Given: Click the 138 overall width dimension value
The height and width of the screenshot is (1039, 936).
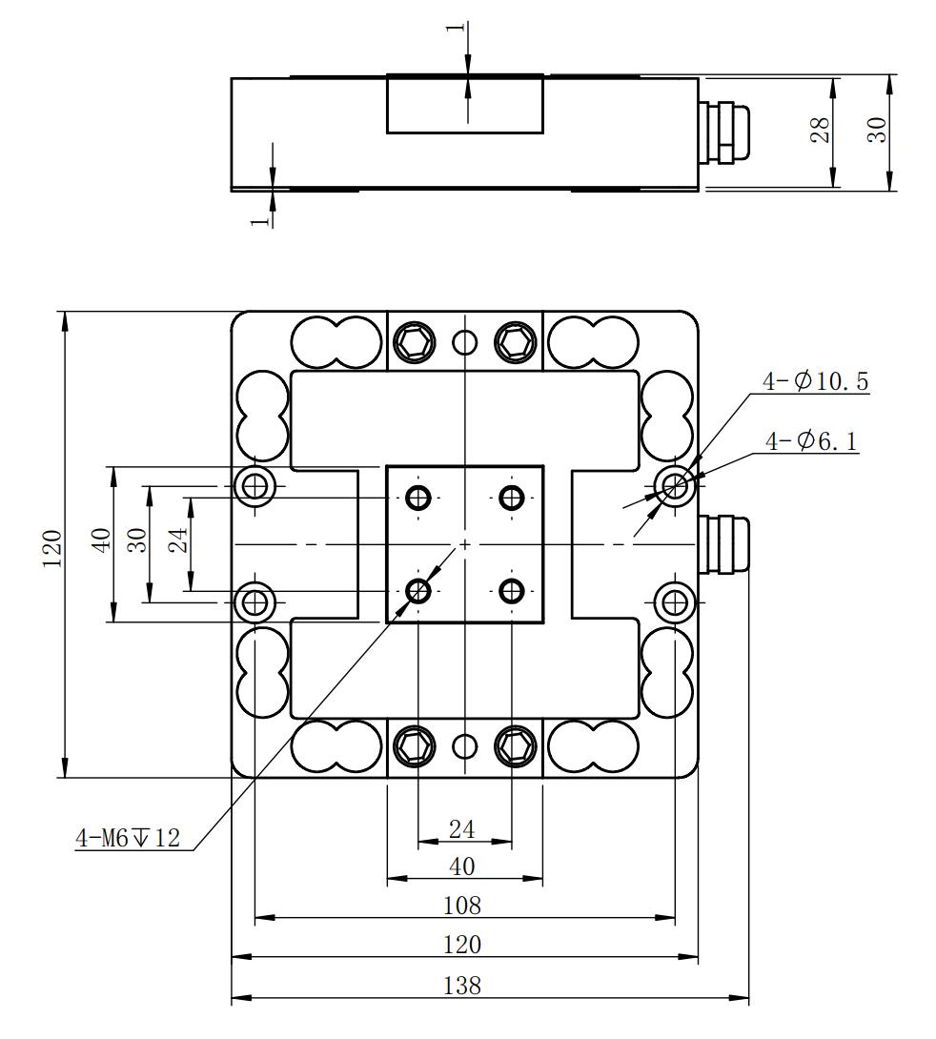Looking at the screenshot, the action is [x=461, y=986].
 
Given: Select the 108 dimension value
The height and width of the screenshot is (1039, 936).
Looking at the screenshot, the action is [x=461, y=906].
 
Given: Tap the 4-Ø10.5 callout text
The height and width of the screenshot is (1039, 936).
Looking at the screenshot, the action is [x=816, y=381].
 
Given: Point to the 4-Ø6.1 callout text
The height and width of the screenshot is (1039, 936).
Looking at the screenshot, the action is [x=811, y=440].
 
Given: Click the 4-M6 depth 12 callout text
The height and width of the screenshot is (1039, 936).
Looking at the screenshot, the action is [x=128, y=838].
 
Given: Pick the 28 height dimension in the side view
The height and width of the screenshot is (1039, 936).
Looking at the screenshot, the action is [x=820, y=130].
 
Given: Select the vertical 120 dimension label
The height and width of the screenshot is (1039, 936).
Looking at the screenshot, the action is [x=52, y=547].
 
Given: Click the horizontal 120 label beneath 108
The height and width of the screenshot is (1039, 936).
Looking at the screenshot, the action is [x=461, y=945].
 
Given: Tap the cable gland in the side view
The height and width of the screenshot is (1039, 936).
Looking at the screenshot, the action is [x=724, y=132].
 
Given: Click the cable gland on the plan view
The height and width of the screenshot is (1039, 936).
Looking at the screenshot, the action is [x=724, y=544].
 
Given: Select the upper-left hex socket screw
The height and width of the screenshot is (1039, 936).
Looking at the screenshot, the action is [x=414, y=342].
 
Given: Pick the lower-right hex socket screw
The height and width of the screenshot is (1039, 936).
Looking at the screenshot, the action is [x=516, y=746].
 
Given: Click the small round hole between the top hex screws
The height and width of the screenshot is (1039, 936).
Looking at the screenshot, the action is [x=465, y=342].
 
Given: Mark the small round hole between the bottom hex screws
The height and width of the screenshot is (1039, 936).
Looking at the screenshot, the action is [x=465, y=746].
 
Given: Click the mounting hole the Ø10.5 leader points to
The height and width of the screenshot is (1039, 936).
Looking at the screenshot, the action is [x=674, y=487].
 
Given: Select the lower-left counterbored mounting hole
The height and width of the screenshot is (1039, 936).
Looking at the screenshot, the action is [x=255, y=602].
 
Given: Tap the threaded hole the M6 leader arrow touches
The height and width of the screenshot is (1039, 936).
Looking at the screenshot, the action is [x=418, y=590].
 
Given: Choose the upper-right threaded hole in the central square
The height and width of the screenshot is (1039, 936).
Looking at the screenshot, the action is [x=512, y=497].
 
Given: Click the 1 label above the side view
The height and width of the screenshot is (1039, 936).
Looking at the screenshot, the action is [x=455, y=28].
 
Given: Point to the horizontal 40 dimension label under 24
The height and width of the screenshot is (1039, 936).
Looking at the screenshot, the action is [x=461, y=866].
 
